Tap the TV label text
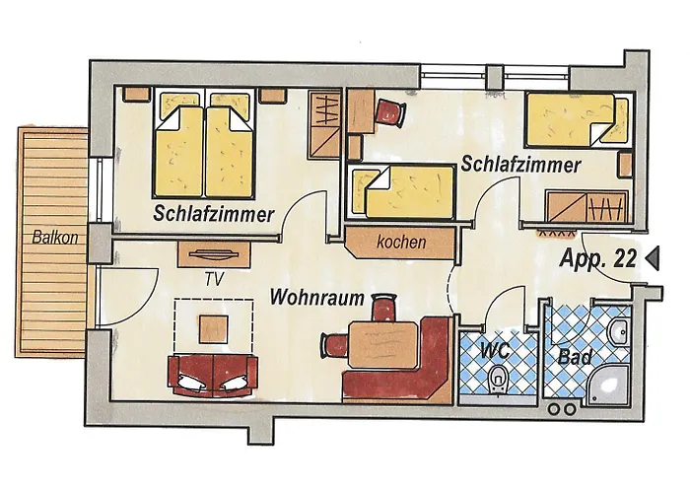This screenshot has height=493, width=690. coord(214,279)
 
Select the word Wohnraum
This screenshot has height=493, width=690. coord(317,295)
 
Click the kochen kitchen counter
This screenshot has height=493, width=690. coord(400,241)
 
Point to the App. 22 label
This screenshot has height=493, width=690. coord(597,259)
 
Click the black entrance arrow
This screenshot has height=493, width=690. coord(652,258)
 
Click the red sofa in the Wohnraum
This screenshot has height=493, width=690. coord(213,373)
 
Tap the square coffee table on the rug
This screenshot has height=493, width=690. coord(213,326)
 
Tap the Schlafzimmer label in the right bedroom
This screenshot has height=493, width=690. coord(519,166)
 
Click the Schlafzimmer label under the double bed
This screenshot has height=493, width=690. coord(213,214)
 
